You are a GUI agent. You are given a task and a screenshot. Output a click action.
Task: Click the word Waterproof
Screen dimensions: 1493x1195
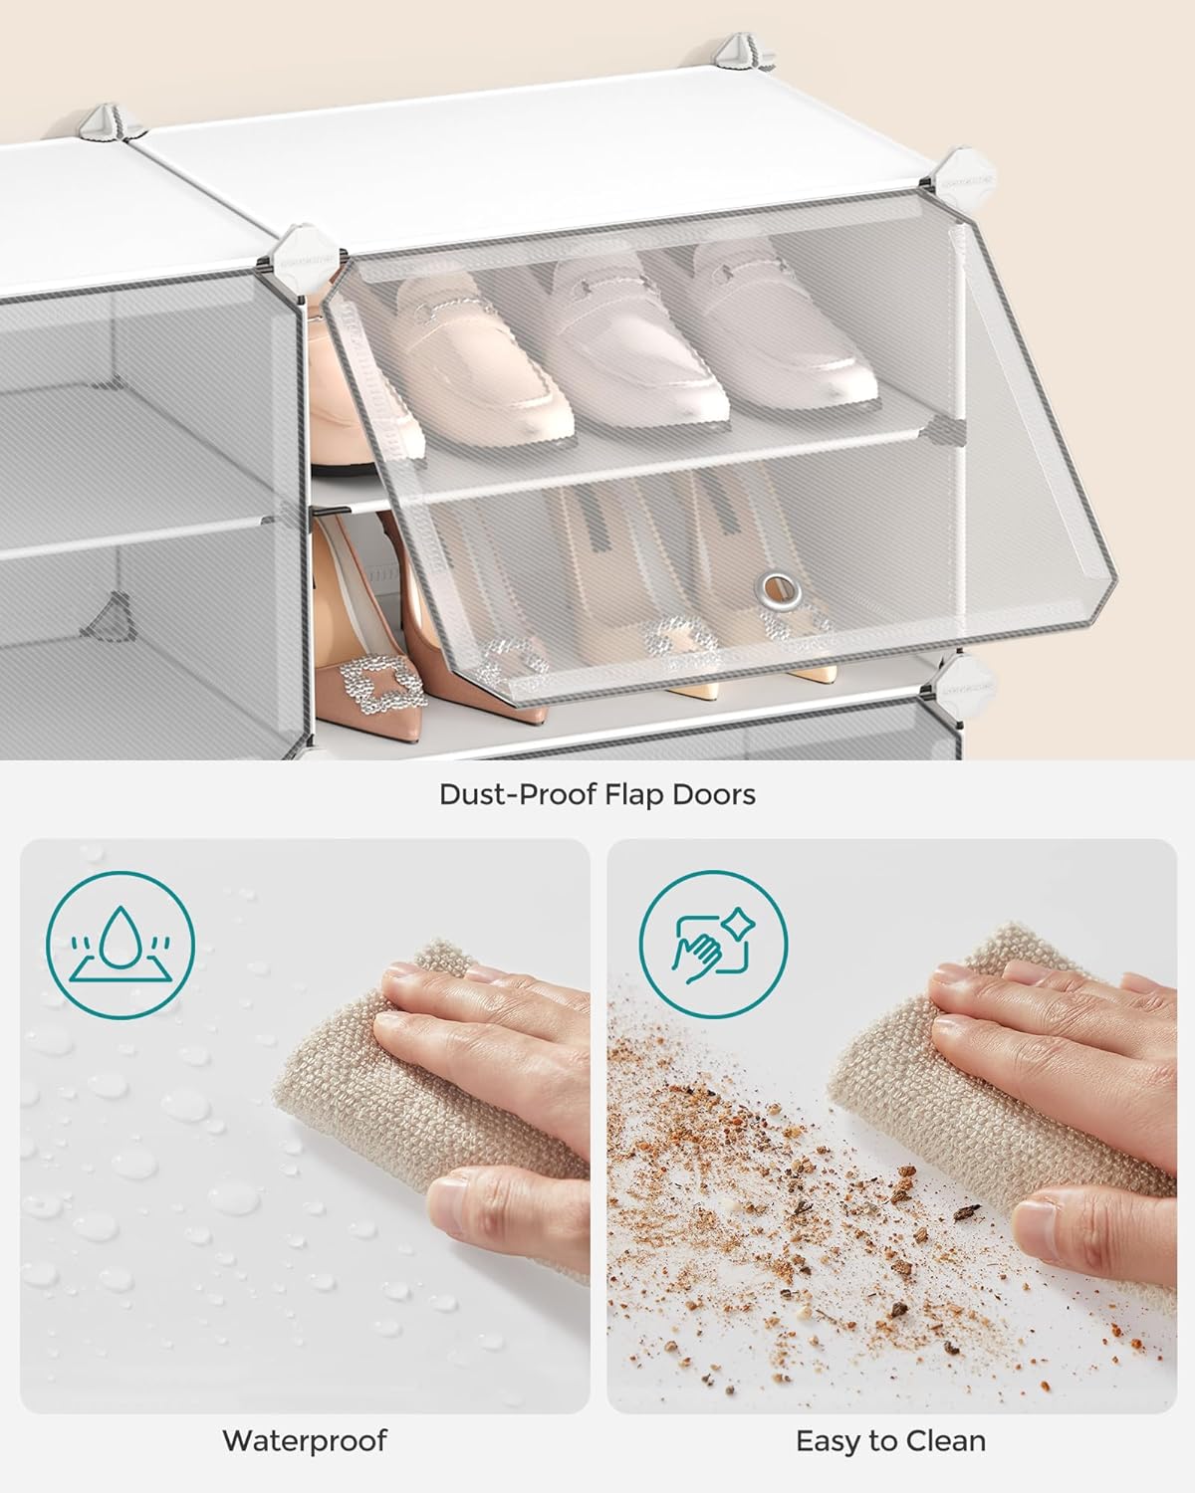click(304, 1440)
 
